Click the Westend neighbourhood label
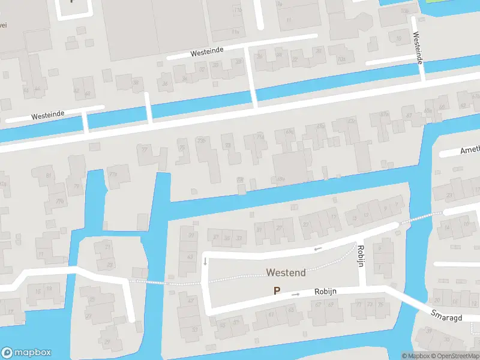click(286, 272)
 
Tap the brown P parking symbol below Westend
click(277, 290)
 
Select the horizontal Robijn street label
click(325, 291)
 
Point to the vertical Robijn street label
click(361, 256)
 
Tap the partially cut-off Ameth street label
click(469, 151)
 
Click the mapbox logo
click(26, 352)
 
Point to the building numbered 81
click(49, 175)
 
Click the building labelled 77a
click(113, 175)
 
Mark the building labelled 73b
click(202, 142)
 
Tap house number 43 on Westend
click(190, 257)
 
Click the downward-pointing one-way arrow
click(205, 261)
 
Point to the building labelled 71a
click(260, 137)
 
